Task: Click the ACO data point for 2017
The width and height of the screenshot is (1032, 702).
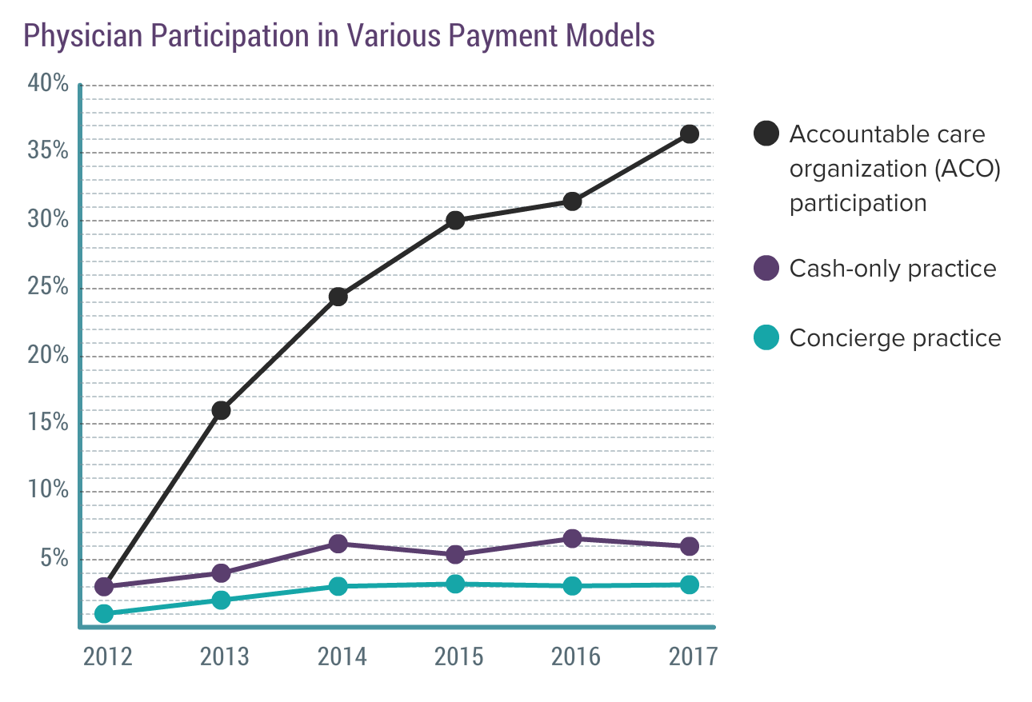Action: pyautogui.click(x=689, y=134)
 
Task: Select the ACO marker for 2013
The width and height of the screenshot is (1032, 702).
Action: pyautogui.click(x=221, y=410)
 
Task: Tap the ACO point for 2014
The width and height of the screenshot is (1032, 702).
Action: pyautogui.click(x=338, y=297)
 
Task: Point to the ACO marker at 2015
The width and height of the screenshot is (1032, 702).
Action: pyautogui.click(x=455, y=221)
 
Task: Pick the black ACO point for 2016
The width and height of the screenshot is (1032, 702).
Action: pyautogui.click(x=572, y=201)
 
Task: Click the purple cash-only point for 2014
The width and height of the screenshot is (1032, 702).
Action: pyautogui.click(x=338, y=544)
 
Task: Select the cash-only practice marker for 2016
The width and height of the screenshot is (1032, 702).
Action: pyautogui.click(x=572, y=538)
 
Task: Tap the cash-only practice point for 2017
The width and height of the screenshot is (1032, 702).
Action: pyautogui.click(x=689, y=546)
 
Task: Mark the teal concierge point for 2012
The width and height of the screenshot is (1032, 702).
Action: pyautogui.click(x=104, y=613)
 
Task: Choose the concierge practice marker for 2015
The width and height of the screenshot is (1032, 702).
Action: pyautogui.click(x=455, y=584)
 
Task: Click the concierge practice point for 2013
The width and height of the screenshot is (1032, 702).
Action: pyautogui.click(x=221, y=600)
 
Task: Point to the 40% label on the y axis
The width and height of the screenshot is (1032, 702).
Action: pyautogui.click(x=48, y=83)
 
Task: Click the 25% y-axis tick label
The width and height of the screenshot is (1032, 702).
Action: pyautogui.click(x=48, y=287)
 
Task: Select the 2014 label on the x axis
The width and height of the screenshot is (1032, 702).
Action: pyautogui.click(x=342, y=656)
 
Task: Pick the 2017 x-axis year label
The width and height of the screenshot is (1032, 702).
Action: pyautogui.click(x=693, y=656)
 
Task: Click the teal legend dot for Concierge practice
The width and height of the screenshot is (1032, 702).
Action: pyautogui.click(x=766, y=338)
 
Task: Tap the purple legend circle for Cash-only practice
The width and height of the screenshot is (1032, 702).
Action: pyautogui.click(x=766, y=268)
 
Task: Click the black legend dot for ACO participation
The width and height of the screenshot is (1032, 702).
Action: pyautogui.click(x=766, y=134)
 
